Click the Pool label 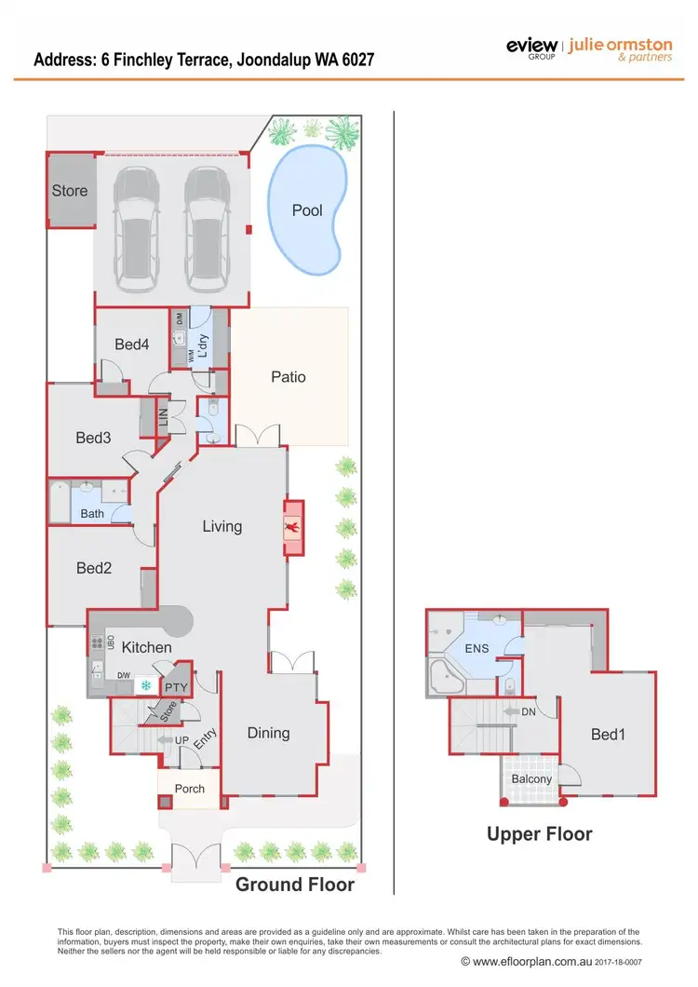(307, 210)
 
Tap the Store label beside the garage (70, 191)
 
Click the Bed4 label (131, 345)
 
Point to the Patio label (289, 377)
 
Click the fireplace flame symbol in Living (293, 528)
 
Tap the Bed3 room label (93, 438)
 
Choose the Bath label (92, 513)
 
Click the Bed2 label (93, 568)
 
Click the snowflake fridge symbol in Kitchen (146, 686)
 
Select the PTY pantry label (176, 688)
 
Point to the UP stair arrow (168, 739)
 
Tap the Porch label (189, 789)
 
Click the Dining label (268, 733)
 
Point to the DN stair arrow (515, 712)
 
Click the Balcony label (531, 779)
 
